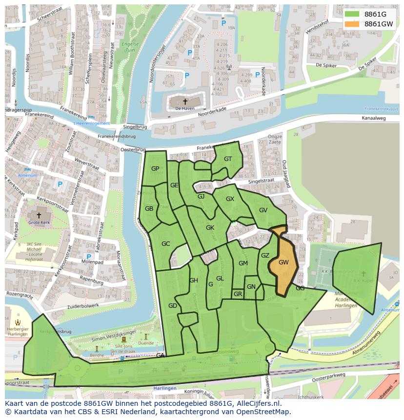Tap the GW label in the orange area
pyautogui.click(x=283, y=262)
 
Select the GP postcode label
pyautogui.click(x=155, y=169)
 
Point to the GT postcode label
pyautogui.click(x=228, y=159)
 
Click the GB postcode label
pyautogui.click(x=149, y=209)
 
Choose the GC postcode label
pyautogui.click(x=166, y=244)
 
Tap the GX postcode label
pyautogui.click(x=230, y=199)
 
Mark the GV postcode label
pyautogui.click(x=263, y=210)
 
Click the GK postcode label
pyautogui.click(x=210, y=228)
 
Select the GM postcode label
pyautogui.click(x=243, y=263)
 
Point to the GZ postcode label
pyautogui.click(x=265, y=256)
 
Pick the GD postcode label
pyautogui.click(x=172, y=306)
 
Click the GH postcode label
pyautogui.click(x=194, y=280)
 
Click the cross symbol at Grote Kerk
pyautogui.click(x=39, y=215)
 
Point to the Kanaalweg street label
pyautogui.click(x=374, y=119)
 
